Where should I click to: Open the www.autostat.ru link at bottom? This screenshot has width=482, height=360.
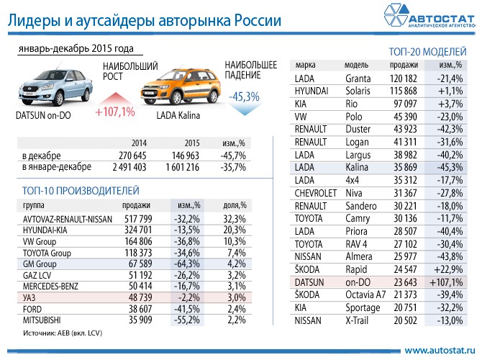tap(440, 350)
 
